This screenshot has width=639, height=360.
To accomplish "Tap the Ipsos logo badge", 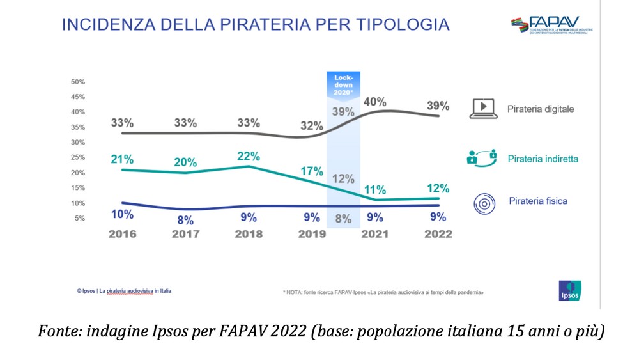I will tap(569, 291).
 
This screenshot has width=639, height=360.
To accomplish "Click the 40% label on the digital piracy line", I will tap(375, 102).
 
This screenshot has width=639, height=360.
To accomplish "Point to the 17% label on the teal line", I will tap(312, 171).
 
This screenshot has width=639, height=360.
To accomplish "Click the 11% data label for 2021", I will tap(374, 189).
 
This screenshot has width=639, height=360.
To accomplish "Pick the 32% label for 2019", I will tap(312, 126).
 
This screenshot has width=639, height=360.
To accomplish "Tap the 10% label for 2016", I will tap(121, 214).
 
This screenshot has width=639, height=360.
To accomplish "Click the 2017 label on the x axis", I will tap(185, 234).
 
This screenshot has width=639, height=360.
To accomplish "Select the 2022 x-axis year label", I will tap(438, 234).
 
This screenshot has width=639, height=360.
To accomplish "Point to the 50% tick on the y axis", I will tap(78, 82).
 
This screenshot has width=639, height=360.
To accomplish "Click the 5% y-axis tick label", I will tap(80, 219).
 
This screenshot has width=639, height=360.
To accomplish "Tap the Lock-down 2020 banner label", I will tap(343, 84).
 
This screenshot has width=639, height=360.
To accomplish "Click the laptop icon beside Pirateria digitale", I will tap(484, 109).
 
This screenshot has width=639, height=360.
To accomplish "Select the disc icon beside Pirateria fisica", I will tap(484, 203).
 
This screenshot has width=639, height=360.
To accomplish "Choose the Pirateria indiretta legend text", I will tap(543, 158).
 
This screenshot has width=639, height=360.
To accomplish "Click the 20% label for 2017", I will tap(185, 162).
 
